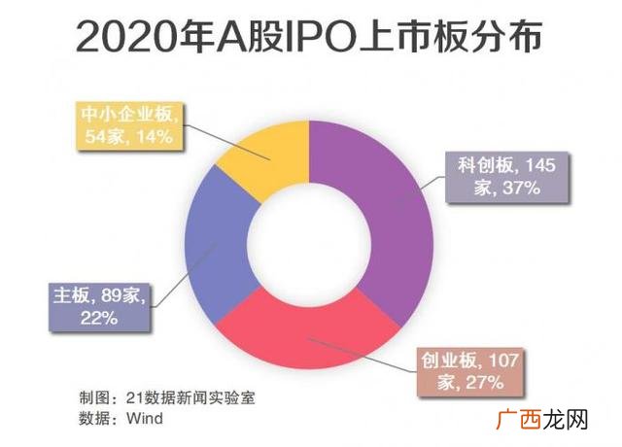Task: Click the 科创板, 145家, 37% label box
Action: pos(507,177)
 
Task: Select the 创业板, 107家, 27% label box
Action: pos(470,372)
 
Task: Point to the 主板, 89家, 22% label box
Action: pos(99,307)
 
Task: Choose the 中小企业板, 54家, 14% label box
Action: pos(129,126)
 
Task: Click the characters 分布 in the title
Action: pos(506,37)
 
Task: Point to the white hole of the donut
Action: pos(309,245)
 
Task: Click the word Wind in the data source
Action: pos(145,419)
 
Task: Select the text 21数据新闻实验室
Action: pos(190,397)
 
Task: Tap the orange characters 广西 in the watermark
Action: pos(518,420)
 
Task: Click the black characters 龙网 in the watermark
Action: pos(565,420)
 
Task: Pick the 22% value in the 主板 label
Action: pos(99,318)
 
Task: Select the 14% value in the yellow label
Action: pos(155,137)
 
